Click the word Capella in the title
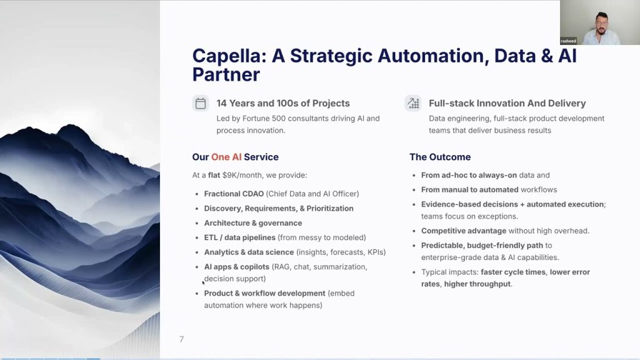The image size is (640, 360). click(x=229, y=56)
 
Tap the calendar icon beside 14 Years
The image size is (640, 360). click(x=201, y=103)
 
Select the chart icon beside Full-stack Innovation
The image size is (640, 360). click(x=413, y=103)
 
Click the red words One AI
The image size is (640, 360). click(x=226, y=157)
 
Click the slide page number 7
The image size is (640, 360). click(x=182, y=339)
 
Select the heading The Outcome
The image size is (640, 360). click(x=440, y=157)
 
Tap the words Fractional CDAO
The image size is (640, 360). click(x=234, y=194)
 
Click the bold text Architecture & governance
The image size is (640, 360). click(x=253, y=223)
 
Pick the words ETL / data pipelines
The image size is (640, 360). click(x=239, y=237)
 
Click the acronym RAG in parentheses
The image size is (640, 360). click(x=282, y=267)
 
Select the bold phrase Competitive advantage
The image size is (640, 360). click(x=464, y=231)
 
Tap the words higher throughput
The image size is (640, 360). click(x=477, y=284)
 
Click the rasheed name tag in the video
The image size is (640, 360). click(x=568, y=41)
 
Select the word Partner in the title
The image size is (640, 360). click(x=226, y=75)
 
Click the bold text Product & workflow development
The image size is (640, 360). click(x=264, y=294)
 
